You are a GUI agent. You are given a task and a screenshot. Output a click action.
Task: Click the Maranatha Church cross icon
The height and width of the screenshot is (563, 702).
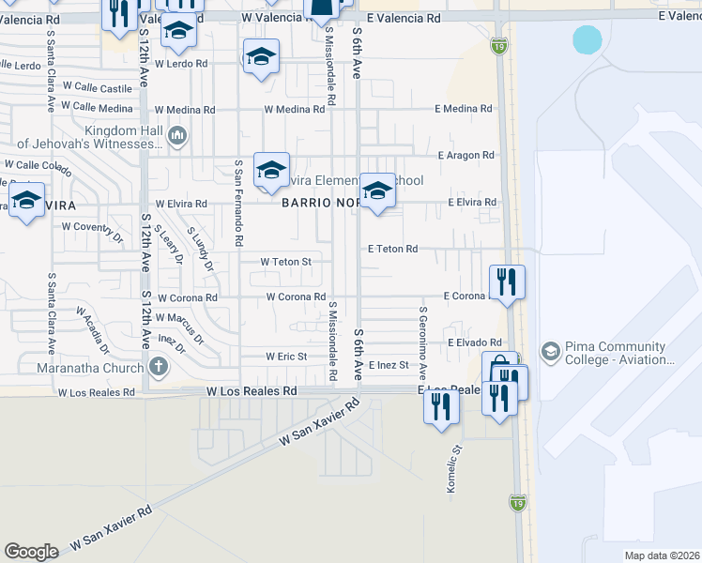(x=159, y=366)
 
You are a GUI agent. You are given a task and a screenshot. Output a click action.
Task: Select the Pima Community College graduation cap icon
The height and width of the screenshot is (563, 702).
(x=550, y=353)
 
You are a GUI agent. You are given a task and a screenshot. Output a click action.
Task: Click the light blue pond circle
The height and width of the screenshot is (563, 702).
(x=587, y=39)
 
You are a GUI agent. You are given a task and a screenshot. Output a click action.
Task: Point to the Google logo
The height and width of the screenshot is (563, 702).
(x=31, y=552)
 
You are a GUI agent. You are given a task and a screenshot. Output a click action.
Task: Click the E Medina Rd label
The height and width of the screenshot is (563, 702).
(x=463, y=109)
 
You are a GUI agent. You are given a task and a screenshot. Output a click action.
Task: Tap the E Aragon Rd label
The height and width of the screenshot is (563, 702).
(x=465, y=155)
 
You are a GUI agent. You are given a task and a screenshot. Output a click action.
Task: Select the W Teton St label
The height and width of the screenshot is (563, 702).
(x=285, y=261)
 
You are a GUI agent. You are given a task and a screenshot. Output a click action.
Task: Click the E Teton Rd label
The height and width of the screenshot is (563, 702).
(x=392, y=249)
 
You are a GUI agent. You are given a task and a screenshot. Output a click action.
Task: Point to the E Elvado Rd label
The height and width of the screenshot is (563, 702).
(x=475, y=343)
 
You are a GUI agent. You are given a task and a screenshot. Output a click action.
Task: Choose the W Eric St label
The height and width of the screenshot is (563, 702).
(x=286, y=357)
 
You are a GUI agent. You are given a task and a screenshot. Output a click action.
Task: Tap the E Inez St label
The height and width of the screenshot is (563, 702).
(x=389, y=365)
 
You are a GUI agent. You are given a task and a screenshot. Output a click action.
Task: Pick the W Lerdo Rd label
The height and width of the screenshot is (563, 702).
(x=180, y=64)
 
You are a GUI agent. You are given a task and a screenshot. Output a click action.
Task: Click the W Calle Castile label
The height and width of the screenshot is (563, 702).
(x=103, y=88)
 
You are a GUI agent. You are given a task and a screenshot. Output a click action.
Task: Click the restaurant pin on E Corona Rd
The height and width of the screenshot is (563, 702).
(x=507, y=281)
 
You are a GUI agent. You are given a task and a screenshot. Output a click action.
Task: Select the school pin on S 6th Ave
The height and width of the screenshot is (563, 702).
(x=377, y=190)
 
